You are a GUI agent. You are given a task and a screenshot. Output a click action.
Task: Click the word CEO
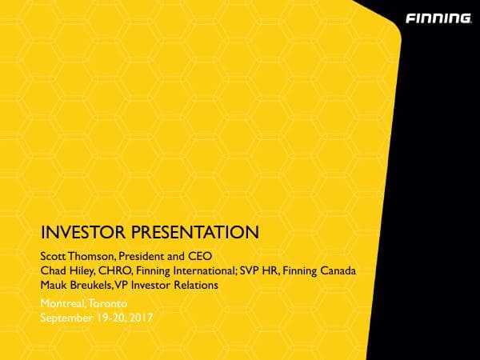(x=197, y=257)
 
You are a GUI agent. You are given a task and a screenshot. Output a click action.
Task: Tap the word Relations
(x=194, y=286)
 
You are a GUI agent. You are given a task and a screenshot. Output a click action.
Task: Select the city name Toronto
(x=108, y=305)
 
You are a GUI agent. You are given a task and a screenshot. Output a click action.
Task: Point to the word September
(x=68, y=318)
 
